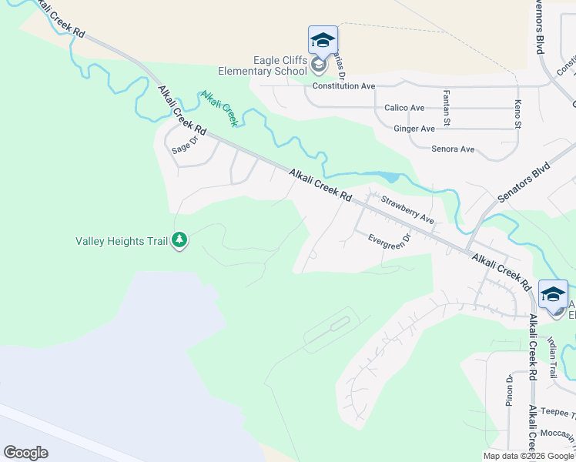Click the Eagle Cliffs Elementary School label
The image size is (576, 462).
click(x=281, y=67)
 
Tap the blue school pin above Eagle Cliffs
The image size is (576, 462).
click(x=323, y=41)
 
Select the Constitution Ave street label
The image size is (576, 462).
click(x=343, y=86)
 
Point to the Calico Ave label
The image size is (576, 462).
click(x=404, y=108)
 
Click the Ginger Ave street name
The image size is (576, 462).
click(x=414, y=129)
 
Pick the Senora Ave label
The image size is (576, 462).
click(x=453, y=149)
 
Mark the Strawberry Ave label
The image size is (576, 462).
click(x=408, y=212)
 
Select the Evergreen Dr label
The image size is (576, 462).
click(x=389, y=241)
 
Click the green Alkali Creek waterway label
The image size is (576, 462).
click(x=219, y=109)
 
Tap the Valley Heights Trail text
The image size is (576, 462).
click(x=122, y=241)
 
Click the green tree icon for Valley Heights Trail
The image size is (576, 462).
click(x=179, y=241)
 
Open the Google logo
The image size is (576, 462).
click(x=25, y=453)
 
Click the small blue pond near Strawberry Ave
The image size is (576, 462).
click(x=392, y=178)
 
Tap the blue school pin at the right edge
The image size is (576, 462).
click(x=553, y=295)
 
